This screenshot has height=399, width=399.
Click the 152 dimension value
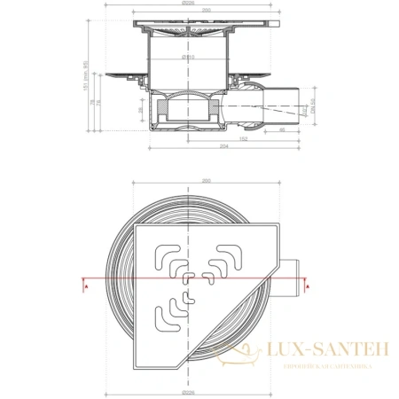pos(243,140)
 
